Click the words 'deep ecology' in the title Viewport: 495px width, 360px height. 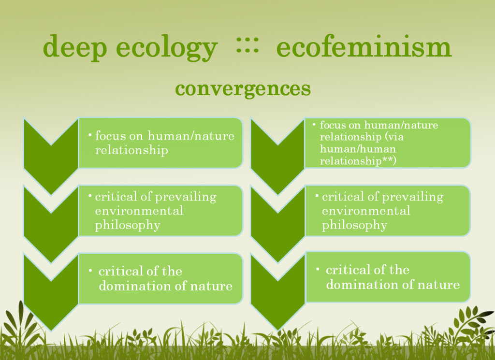click(131, 47)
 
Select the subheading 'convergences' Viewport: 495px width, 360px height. click(243, 88)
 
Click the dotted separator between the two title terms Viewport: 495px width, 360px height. click(247, 45)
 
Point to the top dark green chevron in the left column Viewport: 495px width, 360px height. click(51, 164)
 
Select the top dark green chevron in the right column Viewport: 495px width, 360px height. click(278, 164)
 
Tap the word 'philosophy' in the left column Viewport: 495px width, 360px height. click(128, 226)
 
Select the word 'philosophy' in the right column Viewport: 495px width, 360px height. click(354, 226)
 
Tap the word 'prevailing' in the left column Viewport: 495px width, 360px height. click(186, 197)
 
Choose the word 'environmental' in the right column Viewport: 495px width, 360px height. click(366, 211)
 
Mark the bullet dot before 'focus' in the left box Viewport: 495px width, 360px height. click(90, 135)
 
